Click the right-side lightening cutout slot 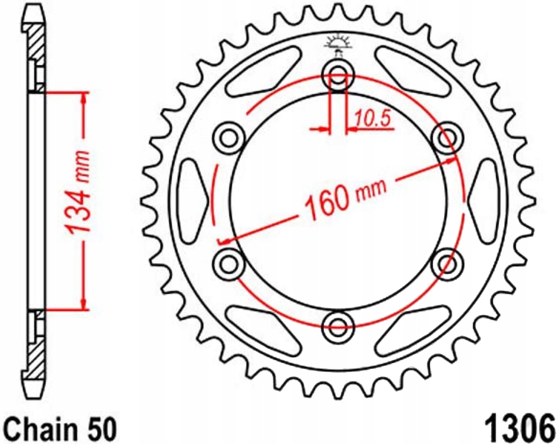pos(484,200)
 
